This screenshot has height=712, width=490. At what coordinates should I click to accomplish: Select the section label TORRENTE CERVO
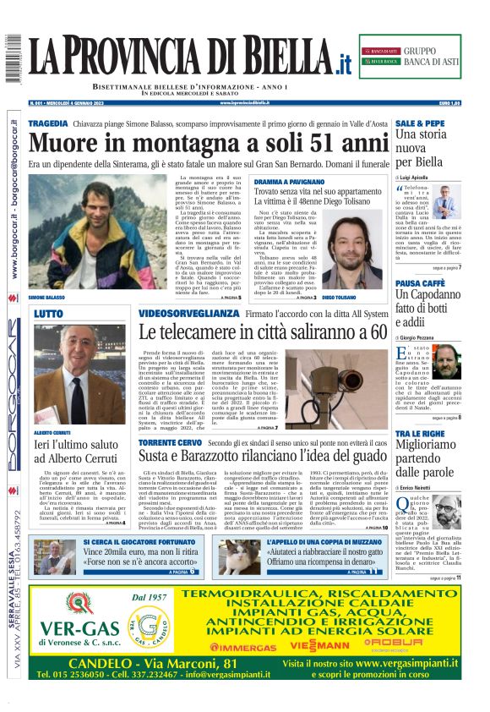point(170,442)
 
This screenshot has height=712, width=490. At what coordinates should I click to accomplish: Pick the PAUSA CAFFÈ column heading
point(421,283)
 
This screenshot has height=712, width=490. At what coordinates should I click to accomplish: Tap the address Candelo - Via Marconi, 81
point(153,664)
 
